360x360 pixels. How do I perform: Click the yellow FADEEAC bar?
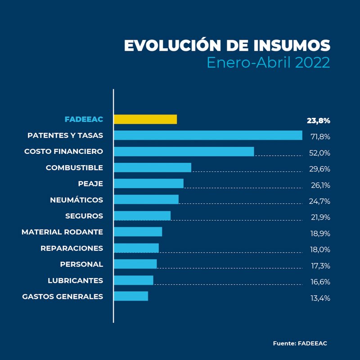tap(145, 119)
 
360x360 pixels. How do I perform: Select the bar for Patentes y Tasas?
tap(207, 135)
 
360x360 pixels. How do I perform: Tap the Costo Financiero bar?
tap(184, 151)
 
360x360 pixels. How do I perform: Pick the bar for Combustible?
tap(152, 167)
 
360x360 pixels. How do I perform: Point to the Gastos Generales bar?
tap(130, 296)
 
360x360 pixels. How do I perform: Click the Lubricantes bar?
tap(133, 280)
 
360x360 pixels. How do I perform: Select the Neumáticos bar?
tap(146, 199)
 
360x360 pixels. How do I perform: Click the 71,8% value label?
tap(320, 136)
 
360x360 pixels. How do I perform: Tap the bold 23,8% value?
tap(318, 121)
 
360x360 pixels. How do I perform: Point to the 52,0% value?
tap(319, 153)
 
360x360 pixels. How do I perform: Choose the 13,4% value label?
tap(320, 298)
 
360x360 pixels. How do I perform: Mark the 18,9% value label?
tap(320, 234)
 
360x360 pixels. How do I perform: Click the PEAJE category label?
tap(90, 184)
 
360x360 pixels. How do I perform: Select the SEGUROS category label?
tap(84, 216)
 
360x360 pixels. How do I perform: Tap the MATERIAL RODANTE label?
tap(62, 232)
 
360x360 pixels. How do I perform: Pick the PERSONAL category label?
tap(81, 264)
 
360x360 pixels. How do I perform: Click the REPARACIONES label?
tap(72, 248)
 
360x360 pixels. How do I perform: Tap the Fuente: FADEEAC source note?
tap(300, 343)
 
